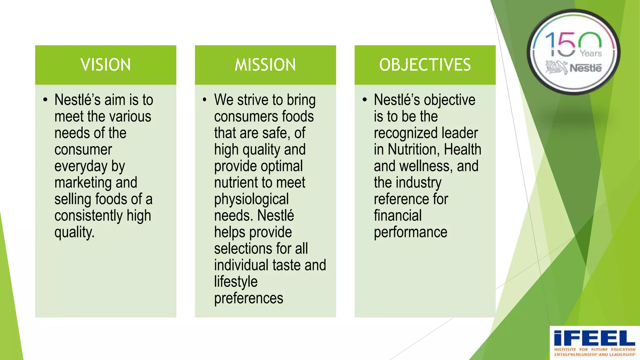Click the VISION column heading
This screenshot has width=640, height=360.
[x=106, y=65]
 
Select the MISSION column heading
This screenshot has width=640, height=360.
[x=265, y=65]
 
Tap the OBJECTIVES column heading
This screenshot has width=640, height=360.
[x=425, y=65]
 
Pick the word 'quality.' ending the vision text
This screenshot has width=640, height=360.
[x=74, y=232]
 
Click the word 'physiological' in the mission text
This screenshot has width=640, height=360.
[x=252, y=199]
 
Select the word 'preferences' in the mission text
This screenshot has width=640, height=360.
[x=249, y=298]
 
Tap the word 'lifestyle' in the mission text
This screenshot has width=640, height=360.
[x=236, y=282]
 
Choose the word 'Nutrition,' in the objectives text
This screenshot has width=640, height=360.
[x=414, y=149]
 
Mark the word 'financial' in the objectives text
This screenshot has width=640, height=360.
[x=398, y=216]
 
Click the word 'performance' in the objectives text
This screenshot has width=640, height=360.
[x=411, y=232]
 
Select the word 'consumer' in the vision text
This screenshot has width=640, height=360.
[x=83, y=150]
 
